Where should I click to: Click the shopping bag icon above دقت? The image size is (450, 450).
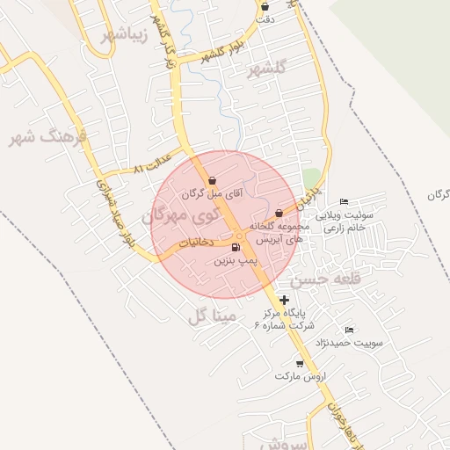coord(265,6)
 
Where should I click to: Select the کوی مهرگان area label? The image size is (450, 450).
coord(176,215)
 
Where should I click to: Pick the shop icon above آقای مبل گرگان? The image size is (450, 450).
coord(213,180)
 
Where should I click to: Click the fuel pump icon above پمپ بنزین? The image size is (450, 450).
coord(235,248)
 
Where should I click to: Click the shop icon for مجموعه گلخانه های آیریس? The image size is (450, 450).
coord(279,213)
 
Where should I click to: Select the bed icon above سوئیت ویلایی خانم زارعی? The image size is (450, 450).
coord(344,202)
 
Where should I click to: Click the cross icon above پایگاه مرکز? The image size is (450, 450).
coord(283,300)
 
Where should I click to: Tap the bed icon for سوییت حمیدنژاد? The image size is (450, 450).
coord(349,330)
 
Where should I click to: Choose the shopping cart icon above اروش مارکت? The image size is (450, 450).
coord(300,363)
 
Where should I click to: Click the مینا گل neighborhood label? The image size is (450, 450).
coord(208,315)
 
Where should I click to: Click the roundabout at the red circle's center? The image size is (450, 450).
coord(240,234)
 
